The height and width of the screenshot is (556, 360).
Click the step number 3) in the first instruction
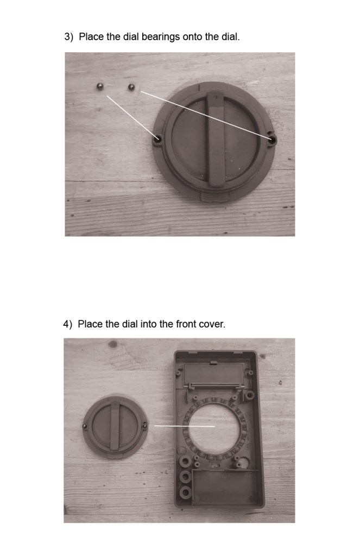[68, 37]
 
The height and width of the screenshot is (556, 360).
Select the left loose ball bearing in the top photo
[100, 86]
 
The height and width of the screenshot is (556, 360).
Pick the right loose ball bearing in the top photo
[131, 86]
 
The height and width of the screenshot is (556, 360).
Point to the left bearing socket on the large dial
[157, 140]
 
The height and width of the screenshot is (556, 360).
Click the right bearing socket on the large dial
[272, 138]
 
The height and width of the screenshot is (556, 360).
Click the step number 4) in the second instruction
[67, 324]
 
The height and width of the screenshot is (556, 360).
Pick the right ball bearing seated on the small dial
[145, 425]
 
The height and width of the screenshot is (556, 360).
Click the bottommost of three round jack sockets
[185, 492]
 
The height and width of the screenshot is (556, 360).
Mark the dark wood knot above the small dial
[113, 344]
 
